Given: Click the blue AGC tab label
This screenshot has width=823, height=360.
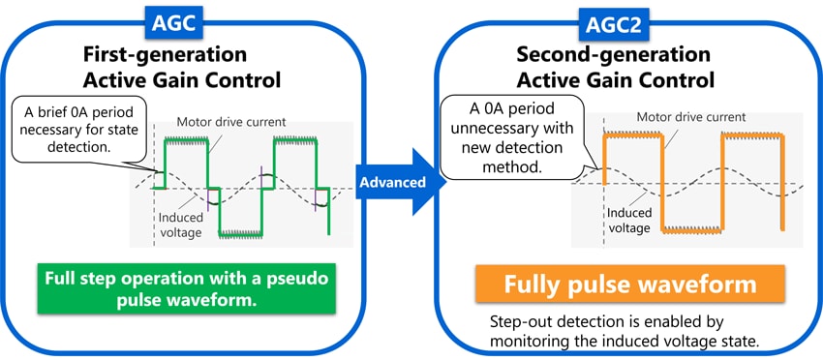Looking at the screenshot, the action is pos(173,23).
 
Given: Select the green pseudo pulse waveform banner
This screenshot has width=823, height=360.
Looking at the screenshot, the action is pos(186,289).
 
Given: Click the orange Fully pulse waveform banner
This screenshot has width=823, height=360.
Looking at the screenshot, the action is pos(630,284).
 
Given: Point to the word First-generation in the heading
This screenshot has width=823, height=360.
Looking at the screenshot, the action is pos(165,54).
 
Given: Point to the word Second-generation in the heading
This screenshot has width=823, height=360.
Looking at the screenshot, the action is pos(614,54).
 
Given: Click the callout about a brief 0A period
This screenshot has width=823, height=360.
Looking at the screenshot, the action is pos(78,129).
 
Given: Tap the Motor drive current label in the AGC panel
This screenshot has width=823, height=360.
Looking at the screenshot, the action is pos(231,122).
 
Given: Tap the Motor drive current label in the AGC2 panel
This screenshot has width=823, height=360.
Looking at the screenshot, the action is pos(691,117).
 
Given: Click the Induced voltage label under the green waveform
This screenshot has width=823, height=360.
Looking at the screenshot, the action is pos(180,225).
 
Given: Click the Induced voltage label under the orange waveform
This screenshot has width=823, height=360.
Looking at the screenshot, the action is pos(629,221).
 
